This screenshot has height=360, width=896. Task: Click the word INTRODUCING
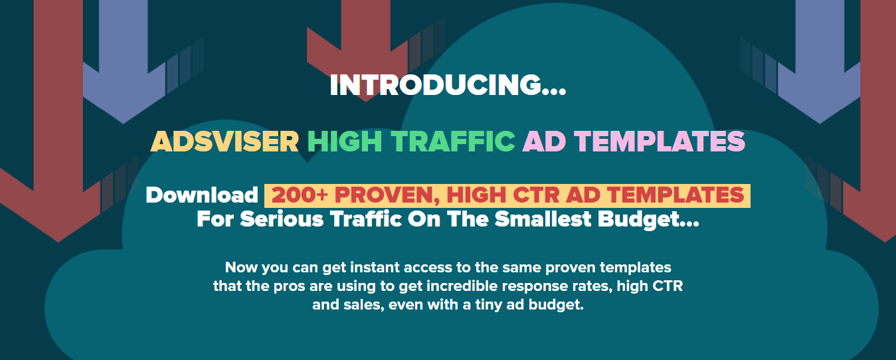436,85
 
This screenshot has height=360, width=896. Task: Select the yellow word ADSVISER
224,141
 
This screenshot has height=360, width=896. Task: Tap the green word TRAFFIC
453,141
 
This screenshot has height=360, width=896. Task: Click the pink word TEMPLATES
660,141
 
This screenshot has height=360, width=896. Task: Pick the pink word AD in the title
544,141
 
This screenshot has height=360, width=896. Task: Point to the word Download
202,195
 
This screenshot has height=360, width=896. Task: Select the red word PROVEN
387,196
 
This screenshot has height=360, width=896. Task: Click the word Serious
282,219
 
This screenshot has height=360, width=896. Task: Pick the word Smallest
543,219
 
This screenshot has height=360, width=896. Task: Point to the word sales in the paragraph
362,305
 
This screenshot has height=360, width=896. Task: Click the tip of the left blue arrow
123,123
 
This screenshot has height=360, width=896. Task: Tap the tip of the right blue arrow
820,123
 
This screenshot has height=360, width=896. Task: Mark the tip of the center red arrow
365,101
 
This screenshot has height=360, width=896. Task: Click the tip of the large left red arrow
58,242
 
